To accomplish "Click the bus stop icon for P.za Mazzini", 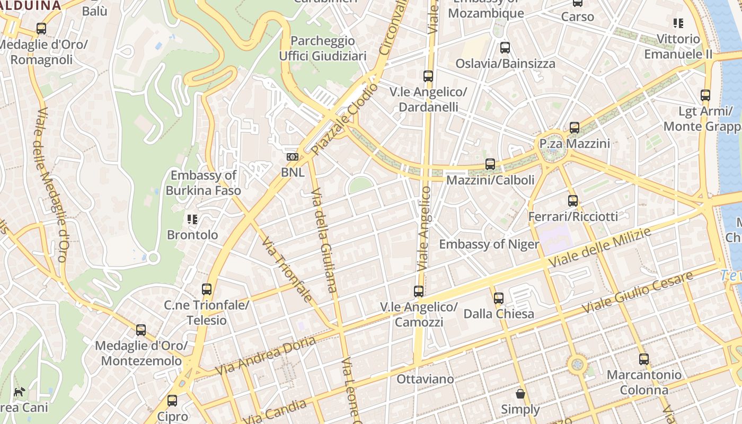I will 575,128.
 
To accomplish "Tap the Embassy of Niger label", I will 489,244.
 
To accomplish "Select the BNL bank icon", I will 292,157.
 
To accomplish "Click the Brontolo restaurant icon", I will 192,219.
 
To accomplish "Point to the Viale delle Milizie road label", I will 600,248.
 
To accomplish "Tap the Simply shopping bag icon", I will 520,394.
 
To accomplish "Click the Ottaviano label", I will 425,379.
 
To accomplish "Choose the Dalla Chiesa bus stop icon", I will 499,298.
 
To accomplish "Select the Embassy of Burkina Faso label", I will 203,183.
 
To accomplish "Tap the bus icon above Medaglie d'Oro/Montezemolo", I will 141,330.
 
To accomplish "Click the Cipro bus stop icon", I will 172,401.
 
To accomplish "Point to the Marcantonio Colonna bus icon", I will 644,359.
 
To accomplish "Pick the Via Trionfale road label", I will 287,269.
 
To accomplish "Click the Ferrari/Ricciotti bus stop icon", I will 573,201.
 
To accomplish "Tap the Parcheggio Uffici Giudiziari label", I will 323,48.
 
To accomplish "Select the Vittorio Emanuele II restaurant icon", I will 678,23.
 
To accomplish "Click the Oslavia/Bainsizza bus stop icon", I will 505,48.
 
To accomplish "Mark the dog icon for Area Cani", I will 20,392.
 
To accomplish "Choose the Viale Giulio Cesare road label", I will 637,291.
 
